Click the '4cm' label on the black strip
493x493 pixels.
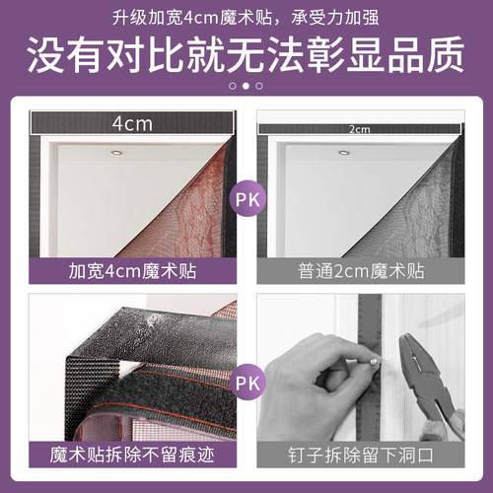[130, 124]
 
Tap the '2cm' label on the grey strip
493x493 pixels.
[360, 128]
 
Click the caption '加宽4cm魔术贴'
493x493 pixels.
[131, 269]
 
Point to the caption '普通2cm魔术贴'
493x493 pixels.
[361, 269]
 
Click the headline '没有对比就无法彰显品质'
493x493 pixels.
[246, 53]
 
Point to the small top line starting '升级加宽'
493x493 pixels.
[246, 14]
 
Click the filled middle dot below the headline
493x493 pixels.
[246, 86]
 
